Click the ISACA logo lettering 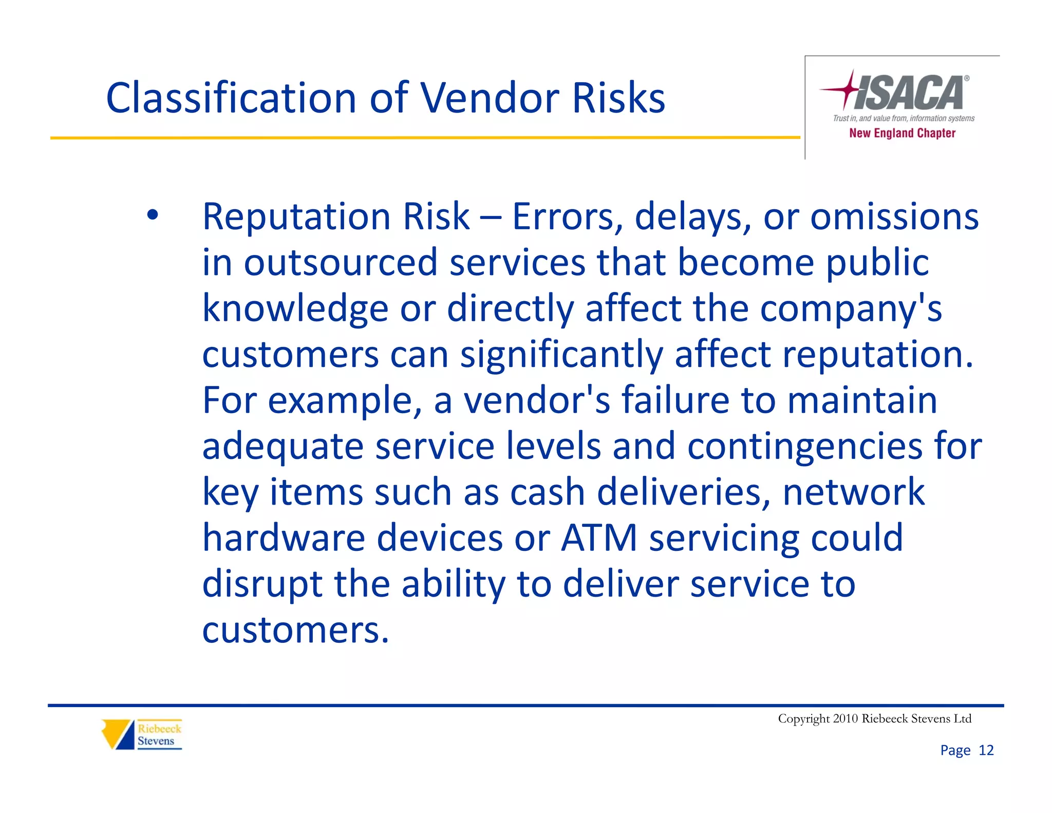(x=909, y=93)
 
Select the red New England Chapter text (x=902, y=133)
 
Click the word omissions (x=894, y=216)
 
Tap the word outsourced (x=340, y=262)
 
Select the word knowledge (x=295, y=308)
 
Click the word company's (x=851, y=308)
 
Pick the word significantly (x=561, y=355)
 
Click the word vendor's (x=537, y=400)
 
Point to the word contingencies (x=804, y=446)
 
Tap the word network (x=853, y=492)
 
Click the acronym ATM (x=599, y=538)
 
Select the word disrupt (x=262, y=584)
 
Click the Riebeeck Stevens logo (x=142, y=734)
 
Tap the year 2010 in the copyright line (x=845, y=718)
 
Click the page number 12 (x=986, y=750)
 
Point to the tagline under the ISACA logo (x=903, y=119)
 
